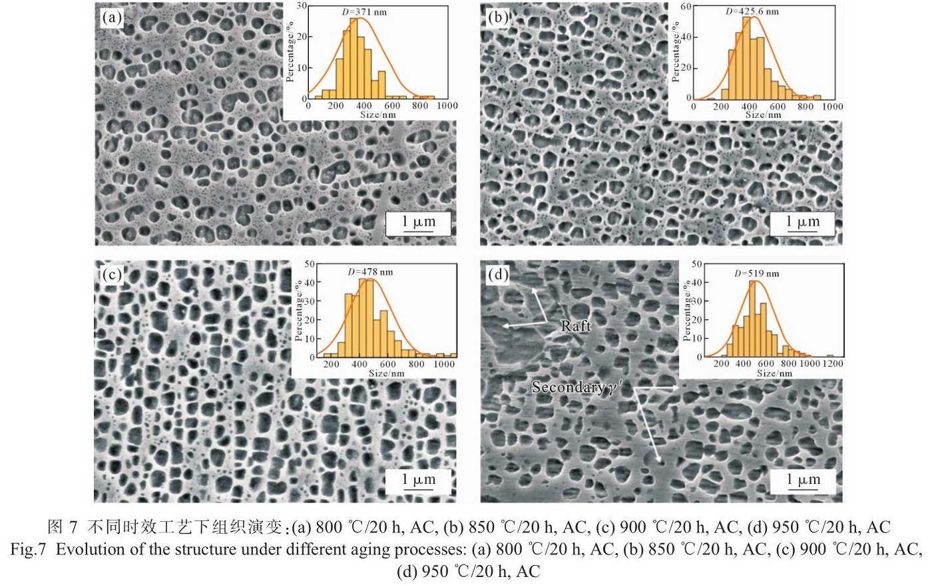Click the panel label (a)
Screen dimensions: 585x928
point(111,18)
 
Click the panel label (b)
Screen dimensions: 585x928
point(497,18)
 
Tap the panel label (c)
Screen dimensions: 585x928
point(111,274)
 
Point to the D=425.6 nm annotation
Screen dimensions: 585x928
point(752,11)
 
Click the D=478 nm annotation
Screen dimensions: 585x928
point(370,271)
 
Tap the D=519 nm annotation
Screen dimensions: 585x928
point(757,273)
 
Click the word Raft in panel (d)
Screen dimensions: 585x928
point(576,326)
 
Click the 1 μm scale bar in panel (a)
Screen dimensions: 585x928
point(419,224)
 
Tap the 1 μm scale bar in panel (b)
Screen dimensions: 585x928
point(802,224)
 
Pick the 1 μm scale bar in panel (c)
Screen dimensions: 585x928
point(419,481)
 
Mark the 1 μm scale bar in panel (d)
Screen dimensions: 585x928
point(804,481)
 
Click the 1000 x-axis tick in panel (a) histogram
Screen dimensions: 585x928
point(447,106)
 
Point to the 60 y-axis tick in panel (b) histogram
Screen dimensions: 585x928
point(686,7)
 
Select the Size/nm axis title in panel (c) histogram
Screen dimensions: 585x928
point(386,373)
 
